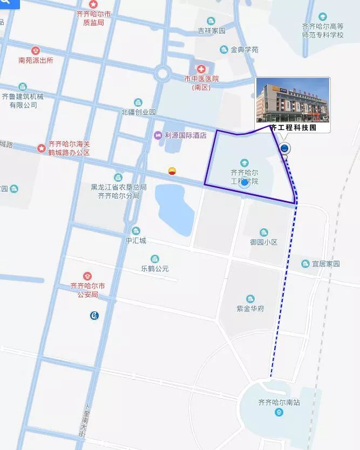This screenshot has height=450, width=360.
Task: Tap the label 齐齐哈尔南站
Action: pyautogui.click(x=279, y=403)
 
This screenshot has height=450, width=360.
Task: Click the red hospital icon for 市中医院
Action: pyautogui.click(x=201, y=69)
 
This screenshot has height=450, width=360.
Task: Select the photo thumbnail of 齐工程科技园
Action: pyautogui.click(x=292, y=100)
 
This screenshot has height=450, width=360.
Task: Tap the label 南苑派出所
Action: pyautogui.click(x=36, y=60)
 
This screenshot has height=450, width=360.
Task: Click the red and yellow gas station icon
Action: pyautogui.click(x=172, y=171)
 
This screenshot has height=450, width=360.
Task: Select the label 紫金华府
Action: pyautogui.click(x=250, y=309)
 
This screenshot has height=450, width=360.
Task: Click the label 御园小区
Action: pyautogui.click(x=263, y=242)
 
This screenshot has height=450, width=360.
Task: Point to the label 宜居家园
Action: pyautogui.click(x=326, y=264)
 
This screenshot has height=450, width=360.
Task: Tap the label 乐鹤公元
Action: pyautogui.click(x=155, y=268)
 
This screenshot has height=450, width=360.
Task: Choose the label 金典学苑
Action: pyautogui.click(x=244, y=50)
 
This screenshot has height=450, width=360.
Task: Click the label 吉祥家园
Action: pyautogui.click(x=212, y=31)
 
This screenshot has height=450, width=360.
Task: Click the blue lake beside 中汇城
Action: pyautogui.click(x=174, y=208)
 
